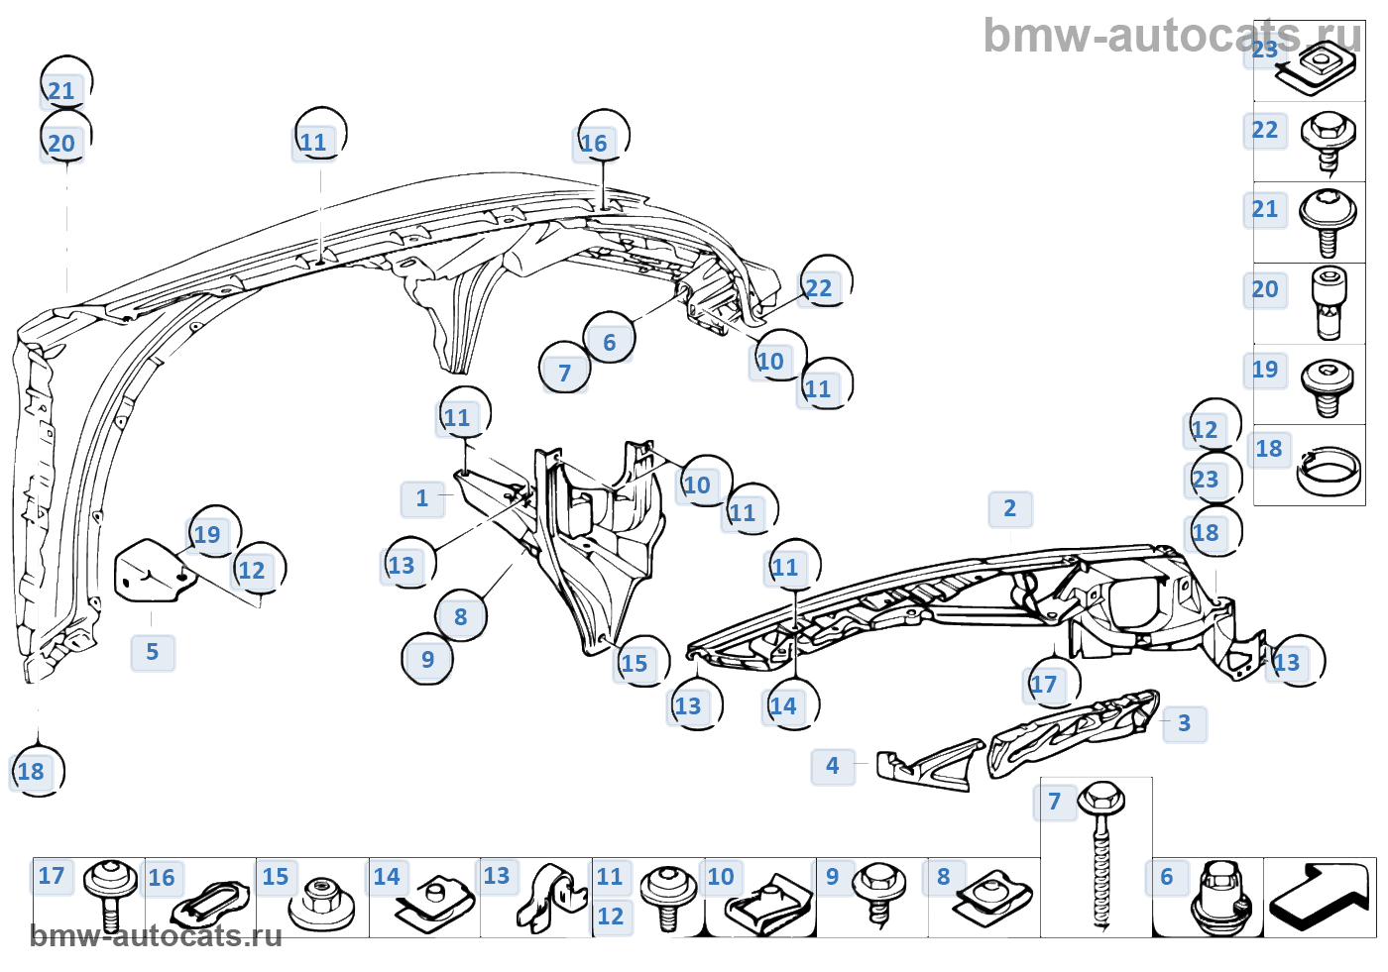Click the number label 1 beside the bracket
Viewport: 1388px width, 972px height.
[x=422, y=498]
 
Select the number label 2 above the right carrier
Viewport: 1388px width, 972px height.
[x=1009, y=509]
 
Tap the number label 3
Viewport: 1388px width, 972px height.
[x=1184, y=723]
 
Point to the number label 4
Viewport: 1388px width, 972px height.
[x=833, y=766]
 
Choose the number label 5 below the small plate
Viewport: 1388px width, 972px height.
[x=152, y=652]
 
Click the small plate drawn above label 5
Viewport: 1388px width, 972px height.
[x=150, y=572]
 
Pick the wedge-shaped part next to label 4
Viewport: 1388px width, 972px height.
[x=928, y=766]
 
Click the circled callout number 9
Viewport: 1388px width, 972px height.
[x=427, y=660]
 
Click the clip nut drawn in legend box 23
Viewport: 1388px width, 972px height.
[x=1317, y=70]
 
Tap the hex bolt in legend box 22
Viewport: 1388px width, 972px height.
[x=1327, y=140]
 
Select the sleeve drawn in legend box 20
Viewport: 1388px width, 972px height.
[x=1327, y=301]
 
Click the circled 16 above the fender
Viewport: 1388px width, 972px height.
[x=594, y=144]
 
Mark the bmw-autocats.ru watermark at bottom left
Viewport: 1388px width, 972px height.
[x=156, y=936]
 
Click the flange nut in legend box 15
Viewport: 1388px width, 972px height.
[x=319, y=900]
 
